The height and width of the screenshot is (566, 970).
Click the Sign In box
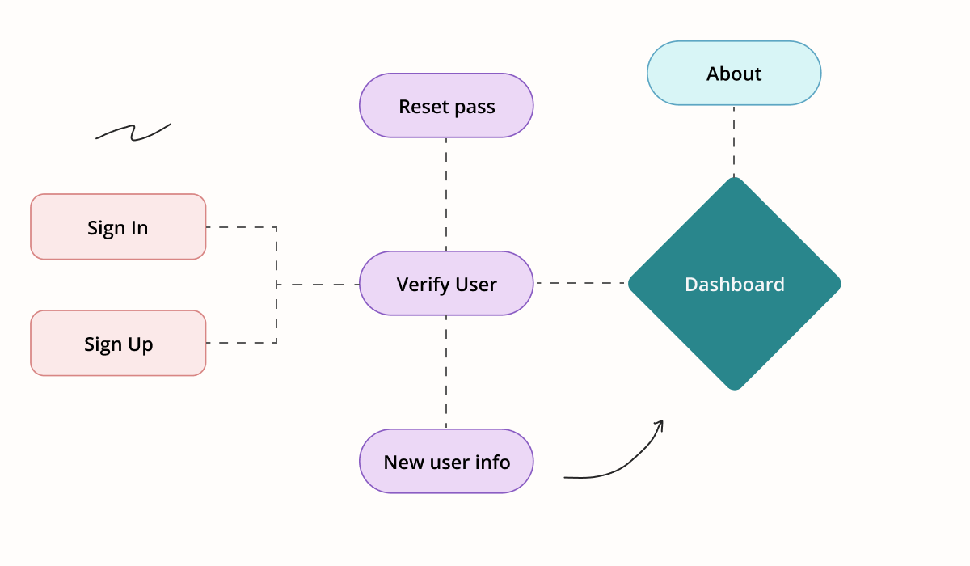click(118, 227)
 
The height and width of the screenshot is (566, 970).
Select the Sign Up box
click(118, 343)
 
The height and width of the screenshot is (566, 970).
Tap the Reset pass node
click(446, 106)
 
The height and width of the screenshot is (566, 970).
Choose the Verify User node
click(446, 283)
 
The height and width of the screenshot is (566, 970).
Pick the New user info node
click(446, 461)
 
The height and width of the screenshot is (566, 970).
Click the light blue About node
click(734, 74)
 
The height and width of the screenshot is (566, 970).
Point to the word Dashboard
click(735, 285)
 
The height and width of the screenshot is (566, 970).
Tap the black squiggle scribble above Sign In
click(133, 132)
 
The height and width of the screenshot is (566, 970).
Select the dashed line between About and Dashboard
click(734, 141)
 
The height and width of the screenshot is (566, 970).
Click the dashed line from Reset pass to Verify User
click(446, 194)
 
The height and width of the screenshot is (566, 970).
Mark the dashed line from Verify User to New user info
click(446, 372)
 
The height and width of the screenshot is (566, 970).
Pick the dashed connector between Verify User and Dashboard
click(580, 283)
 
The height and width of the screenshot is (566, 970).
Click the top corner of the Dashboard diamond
click(735, 177)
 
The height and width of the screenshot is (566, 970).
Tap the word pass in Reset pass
click(474, 108)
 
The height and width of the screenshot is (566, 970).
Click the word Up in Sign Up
click(141, 345)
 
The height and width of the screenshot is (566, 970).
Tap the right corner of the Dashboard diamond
click(841, 284)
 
